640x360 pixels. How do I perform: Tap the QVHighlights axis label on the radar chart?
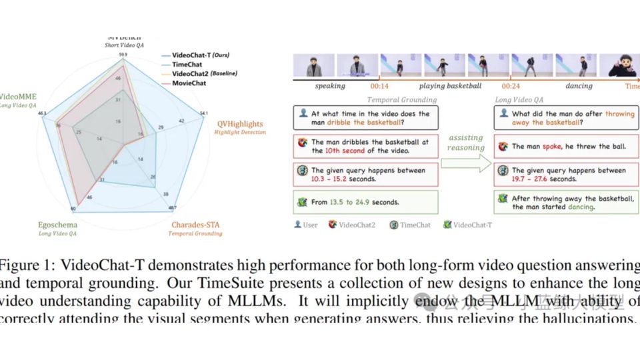[x=240, y=124]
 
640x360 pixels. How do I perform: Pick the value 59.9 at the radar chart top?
[x=123, y=54]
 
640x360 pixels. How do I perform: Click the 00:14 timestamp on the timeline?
[x=380, y=86]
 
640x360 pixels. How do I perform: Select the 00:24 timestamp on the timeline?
[x=511, y=86]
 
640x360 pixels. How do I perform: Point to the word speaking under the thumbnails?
[x=329, y=86]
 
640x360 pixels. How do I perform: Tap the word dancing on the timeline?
[x=578, y=86]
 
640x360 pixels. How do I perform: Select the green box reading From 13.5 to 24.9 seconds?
[x=365, y=202]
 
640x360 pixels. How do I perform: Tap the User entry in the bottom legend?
[x=306, y=225]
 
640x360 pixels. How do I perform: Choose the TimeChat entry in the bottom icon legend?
[x=414, y=225]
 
